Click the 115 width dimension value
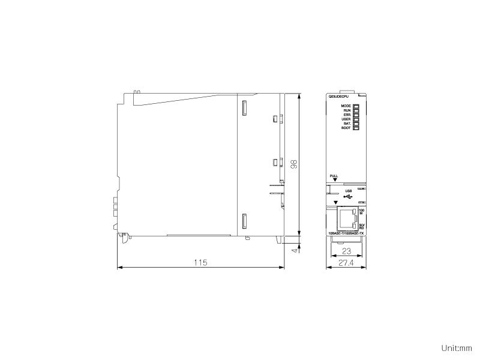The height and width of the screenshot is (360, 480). (200, 262)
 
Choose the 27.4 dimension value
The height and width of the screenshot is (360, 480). (346, 263)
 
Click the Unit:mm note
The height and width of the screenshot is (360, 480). (457, 348)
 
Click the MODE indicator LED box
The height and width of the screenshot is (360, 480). (356, 106)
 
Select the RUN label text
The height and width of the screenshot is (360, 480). (347, 110)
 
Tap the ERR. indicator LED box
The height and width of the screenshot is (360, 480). (356, 115)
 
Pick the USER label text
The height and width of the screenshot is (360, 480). (346, 119)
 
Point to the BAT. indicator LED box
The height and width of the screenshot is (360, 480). (356, 124)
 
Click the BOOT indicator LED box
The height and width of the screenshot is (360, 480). (356, 128)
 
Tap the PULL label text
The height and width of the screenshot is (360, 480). (334, 176)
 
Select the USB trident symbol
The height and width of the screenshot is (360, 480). (349, 196)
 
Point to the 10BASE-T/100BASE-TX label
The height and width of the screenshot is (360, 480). (346, 233)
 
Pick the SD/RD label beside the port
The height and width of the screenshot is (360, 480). (361, 226)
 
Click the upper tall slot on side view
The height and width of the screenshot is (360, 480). (244, 109)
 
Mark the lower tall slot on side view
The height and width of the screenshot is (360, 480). (244, 221)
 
